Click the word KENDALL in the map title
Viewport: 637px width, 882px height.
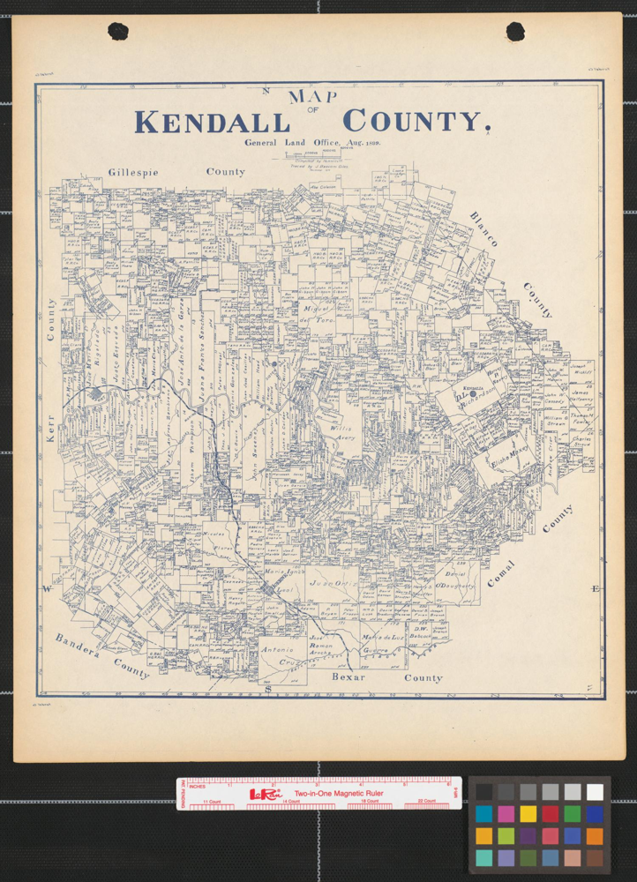(x=212, y=121)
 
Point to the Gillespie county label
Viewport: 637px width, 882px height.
(x=133, y=172)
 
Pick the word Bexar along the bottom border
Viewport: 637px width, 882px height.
(x=348, y=677)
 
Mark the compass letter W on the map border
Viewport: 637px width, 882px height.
(x=45, y=588)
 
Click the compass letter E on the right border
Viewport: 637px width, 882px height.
(x=596, y=588)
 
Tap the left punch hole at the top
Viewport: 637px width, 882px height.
(x=118, y=32)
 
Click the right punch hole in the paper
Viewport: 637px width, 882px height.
(x=515, y=32)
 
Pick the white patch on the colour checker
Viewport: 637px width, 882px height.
(x=596, y=792)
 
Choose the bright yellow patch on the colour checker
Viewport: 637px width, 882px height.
(x=528, y=813)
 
